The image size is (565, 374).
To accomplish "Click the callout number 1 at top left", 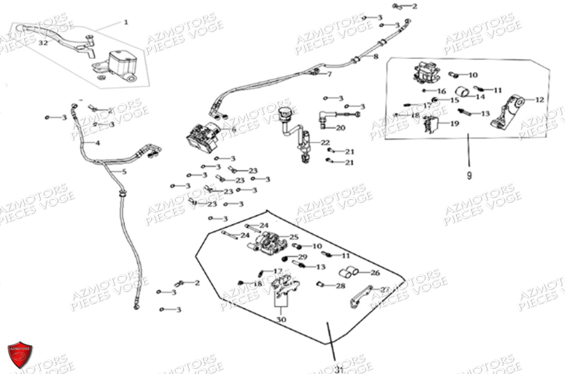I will tap(126, 23).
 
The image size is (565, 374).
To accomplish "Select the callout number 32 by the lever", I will tap(43, 43).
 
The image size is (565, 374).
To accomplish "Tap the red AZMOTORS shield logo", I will tap(20, 354).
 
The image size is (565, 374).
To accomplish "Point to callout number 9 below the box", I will tap(469, 176).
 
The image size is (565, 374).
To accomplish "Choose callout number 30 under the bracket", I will tap(281, 319).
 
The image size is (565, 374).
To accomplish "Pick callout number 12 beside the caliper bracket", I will tap(539, 100).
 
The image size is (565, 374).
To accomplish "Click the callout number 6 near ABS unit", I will tap(234, 129).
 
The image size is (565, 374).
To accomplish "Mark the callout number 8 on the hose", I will tap(376, 57).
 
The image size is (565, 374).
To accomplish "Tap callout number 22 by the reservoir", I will tap(325, 143).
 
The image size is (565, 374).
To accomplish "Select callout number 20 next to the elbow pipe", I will tap(340, 128).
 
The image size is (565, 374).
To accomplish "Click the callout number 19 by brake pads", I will tap(454, 124).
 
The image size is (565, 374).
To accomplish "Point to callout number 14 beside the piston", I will tap(480, 96).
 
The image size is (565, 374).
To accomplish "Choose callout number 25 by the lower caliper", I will tap(293, 238).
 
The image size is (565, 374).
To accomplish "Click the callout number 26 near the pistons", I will tap(375, 273).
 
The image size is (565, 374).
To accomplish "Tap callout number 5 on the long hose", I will tap(125, 172).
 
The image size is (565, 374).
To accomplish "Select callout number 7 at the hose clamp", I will tap(329, 75).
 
